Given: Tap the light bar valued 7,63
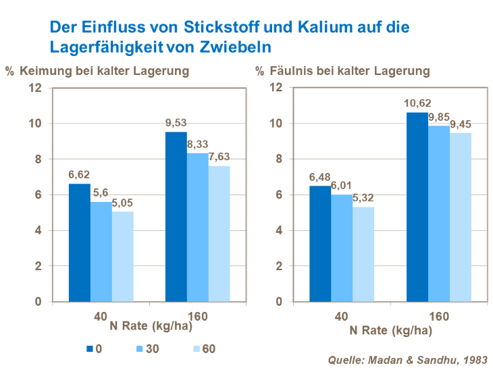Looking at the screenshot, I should click(219, 234).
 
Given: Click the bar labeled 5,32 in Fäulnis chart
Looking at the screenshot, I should click(363, 254).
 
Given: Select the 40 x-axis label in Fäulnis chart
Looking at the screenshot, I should click(342, 315).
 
